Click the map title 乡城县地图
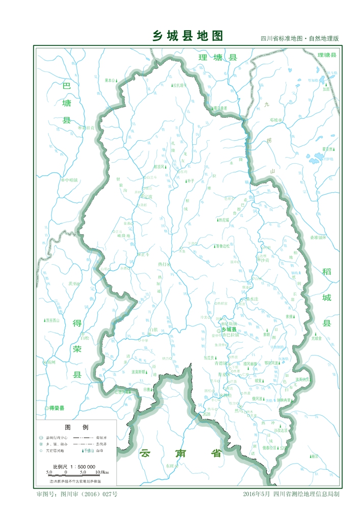click(x=188, y=36)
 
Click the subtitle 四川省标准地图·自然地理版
click(x=300, y=39)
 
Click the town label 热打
click(x=163, y=264)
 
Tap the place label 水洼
click(x=255, y=299)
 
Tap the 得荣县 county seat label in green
click(x=56, y=408)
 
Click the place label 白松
click(x=85, y=338)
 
